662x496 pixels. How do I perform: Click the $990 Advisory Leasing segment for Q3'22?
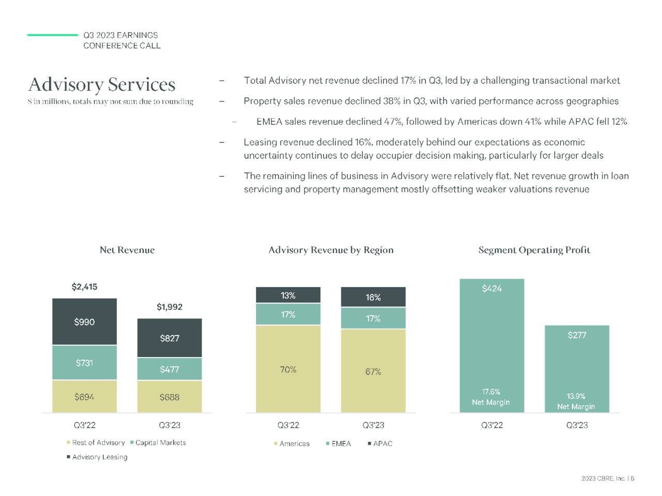[84, 322]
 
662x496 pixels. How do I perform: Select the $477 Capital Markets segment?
[169, 369]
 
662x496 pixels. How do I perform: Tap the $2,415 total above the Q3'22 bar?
[84, 287]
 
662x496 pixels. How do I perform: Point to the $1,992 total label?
[170, 307]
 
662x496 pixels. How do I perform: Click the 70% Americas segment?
[288, 369]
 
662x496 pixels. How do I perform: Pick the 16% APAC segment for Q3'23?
[373, 297]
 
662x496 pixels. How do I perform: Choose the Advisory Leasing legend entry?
[99, 457]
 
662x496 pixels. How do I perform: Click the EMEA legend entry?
[341, 444]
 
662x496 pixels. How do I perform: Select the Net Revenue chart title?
[127, 250]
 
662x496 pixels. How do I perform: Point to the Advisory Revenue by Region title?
[331, 250]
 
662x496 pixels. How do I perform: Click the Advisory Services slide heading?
[102, 84]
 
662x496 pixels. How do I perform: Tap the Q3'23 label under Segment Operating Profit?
[577, 425]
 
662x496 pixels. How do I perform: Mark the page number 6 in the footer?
[633, 478]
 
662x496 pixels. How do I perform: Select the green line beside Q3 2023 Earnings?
[52, 35]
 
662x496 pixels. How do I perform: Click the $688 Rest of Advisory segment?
[169, 397]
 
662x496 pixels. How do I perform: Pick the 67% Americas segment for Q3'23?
[373, 371]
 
